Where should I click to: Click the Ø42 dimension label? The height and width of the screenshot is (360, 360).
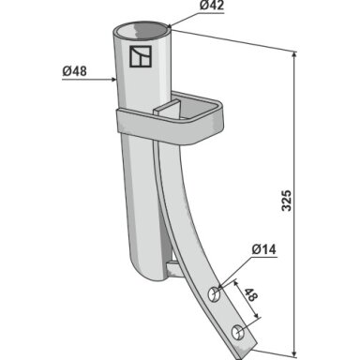(x=212, y=6)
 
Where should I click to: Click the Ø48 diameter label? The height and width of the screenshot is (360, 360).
(x=74, y=71)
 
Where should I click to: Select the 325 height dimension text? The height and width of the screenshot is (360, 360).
(x=287, y=200)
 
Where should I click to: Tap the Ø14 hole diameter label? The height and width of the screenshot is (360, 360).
(x=263, y=249)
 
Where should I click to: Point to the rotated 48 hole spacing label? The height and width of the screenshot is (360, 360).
(x=250, y=294)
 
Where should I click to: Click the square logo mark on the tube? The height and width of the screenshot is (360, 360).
(x=141, y=56)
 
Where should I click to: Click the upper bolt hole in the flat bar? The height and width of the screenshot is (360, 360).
(x=215, y=294)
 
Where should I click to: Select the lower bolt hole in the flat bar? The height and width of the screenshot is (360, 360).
(x=238, y=333)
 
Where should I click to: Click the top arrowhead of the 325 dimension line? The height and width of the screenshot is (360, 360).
(x=293, y=54)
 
